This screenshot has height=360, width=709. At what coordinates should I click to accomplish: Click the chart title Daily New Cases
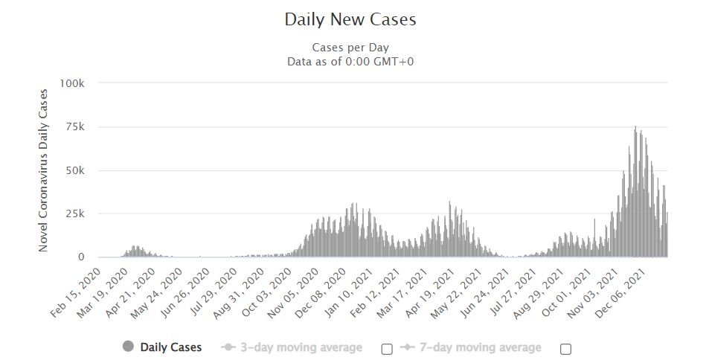point(350,19)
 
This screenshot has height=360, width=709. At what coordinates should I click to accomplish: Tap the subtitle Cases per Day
point(350,48)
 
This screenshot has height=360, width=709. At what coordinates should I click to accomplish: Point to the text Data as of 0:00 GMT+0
point(350,62)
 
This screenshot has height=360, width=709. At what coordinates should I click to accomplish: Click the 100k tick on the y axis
point(72,83)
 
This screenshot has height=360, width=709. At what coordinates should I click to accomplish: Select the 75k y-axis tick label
point(75,127)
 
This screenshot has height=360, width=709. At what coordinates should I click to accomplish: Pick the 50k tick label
point(75,170)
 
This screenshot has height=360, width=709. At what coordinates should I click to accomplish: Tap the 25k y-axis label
point(75,213)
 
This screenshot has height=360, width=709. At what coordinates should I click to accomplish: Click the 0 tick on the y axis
point(81,257)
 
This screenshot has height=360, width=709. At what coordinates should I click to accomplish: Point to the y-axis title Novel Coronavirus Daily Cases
point(43,170)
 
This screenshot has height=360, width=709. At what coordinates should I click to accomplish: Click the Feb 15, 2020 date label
point(75,293)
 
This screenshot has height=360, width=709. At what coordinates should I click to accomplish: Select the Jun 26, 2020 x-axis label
point(185,293)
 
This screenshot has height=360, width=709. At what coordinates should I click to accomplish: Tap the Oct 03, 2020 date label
point(266,293)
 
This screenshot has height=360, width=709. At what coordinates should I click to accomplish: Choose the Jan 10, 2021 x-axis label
point(348,293)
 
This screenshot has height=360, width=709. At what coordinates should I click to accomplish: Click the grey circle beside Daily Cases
point(129,347)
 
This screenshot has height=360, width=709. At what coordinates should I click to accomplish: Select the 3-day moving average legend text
point(301,347)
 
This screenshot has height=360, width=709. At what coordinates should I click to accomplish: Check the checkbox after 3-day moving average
point(387,349)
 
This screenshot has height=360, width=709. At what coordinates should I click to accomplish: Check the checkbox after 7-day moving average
point(565,349)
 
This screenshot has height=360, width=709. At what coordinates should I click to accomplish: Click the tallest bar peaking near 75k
point(635,192)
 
